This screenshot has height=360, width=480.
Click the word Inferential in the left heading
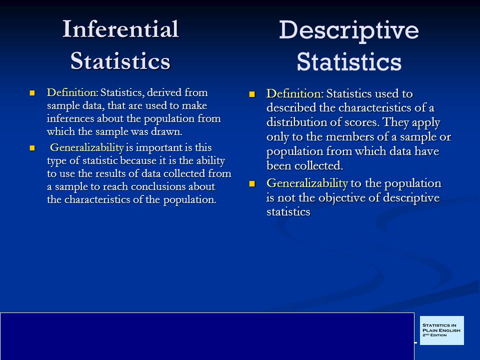point(120,29)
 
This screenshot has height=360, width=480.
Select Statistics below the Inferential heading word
point(120,61)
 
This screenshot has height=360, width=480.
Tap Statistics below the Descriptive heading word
point(349,61)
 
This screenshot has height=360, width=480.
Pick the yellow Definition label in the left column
point(72,92)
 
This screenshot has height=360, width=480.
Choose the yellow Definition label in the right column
point(295,93)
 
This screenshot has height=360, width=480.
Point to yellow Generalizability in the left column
point(87,147)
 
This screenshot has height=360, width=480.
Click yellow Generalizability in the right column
point(307,183)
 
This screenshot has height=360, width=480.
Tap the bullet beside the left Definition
point(32,93)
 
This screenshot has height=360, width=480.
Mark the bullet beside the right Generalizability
point(252,183)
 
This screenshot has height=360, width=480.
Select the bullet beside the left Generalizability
point(32,148)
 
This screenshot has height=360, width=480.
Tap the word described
point(291,108)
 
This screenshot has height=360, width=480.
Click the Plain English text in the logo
point(441,330)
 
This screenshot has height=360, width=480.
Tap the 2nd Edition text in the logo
point(434,335)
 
